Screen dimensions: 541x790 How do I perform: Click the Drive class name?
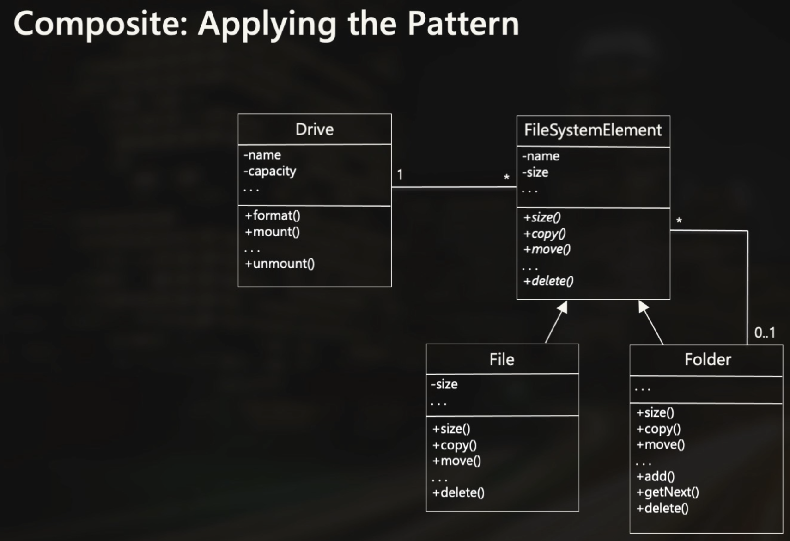coord(314,129)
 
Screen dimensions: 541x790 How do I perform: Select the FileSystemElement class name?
coord(593,130)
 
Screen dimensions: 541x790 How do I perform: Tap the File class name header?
coord(502,359)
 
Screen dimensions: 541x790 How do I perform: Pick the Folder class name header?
coord(707,360)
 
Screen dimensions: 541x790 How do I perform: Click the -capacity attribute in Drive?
coord(270,172)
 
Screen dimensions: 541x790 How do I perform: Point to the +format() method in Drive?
coord(273,215)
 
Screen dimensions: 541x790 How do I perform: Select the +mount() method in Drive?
coord(273,232)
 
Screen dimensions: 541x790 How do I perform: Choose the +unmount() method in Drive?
coord(280,264)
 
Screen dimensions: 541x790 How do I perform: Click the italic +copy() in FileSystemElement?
coord(544,234)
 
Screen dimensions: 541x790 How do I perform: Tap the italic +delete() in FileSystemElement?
coord(548,281)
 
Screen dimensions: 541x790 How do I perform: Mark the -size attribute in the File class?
coord(444,384)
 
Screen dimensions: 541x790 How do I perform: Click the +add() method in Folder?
coord(656,476)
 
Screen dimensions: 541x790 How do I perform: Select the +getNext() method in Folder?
coord(668,492)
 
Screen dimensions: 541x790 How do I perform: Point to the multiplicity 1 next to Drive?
coord(400,175)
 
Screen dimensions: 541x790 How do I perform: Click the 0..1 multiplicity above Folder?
coord(765,332)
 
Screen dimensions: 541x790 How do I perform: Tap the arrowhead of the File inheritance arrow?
coord(563,307)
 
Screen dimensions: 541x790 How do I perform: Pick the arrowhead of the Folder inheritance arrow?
coord(643,306)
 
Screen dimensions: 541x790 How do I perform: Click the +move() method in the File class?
coord(456,461)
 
